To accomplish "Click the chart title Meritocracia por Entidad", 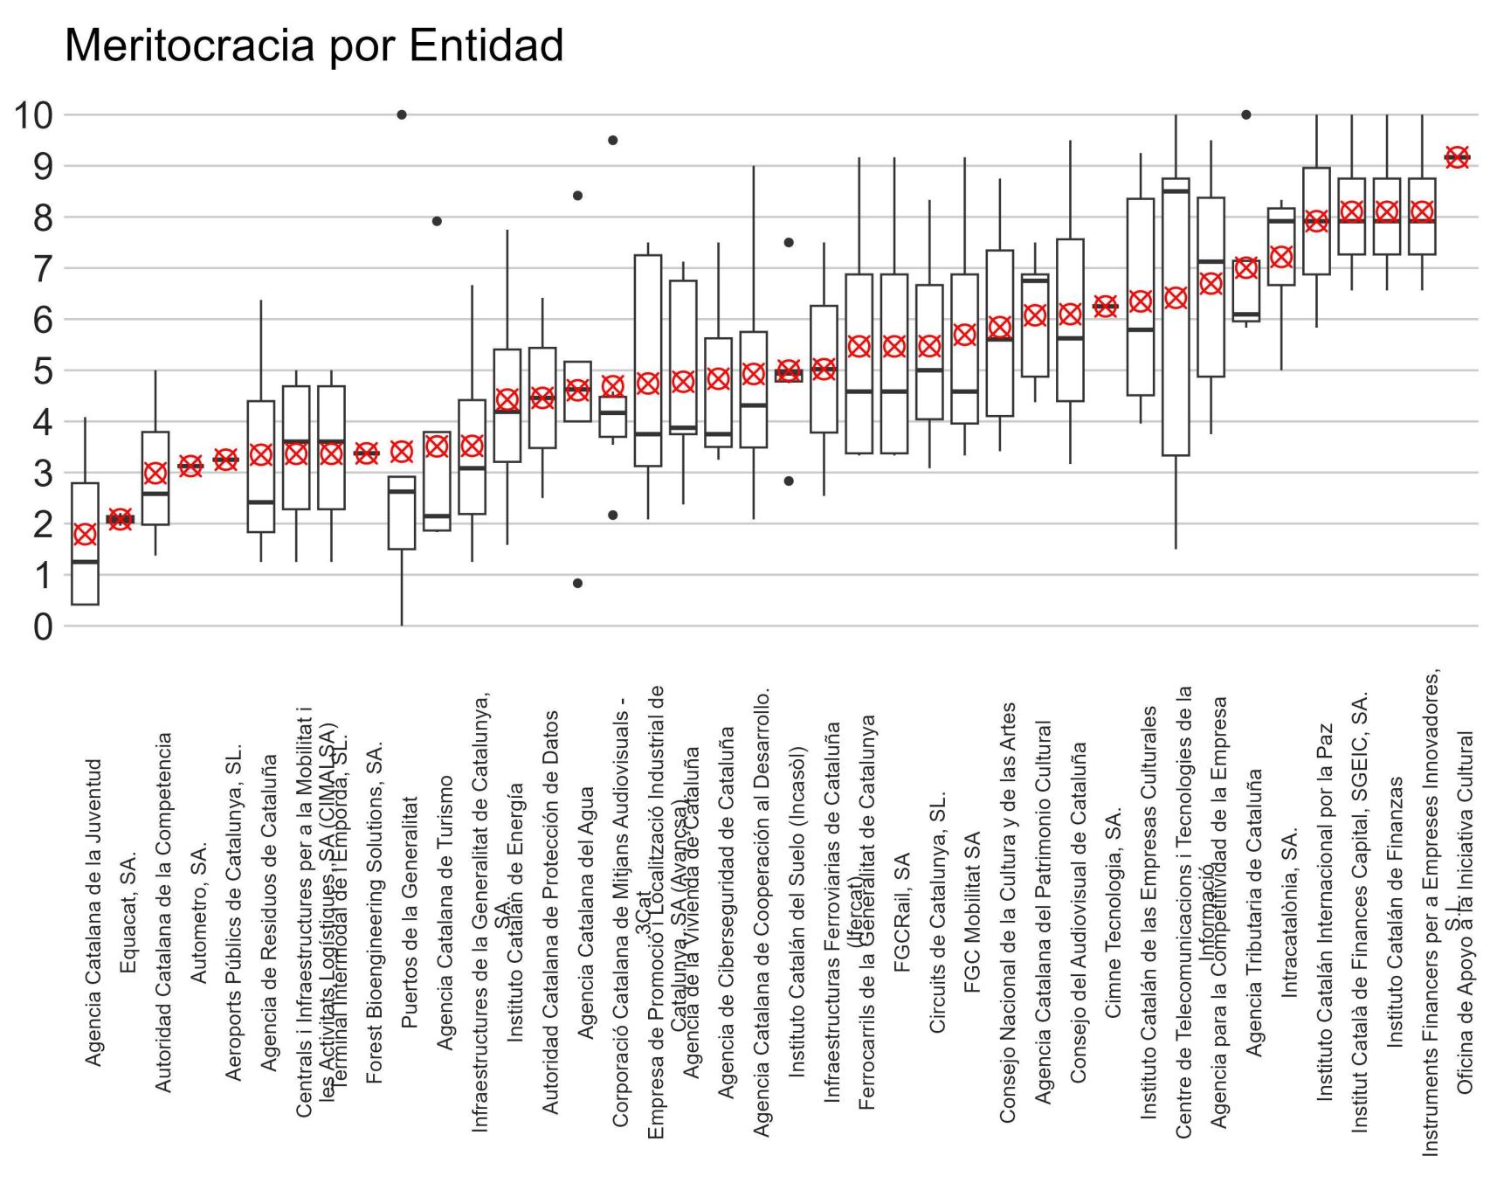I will [x=314, y=45].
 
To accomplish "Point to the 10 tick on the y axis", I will [x=33, y=114].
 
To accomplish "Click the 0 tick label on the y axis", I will [x=42, y=626].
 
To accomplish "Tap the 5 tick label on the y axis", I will [x=42, y=370].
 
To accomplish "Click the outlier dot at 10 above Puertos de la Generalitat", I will [x=402, y=114].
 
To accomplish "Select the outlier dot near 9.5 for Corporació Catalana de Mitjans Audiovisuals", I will [x=613, y=140].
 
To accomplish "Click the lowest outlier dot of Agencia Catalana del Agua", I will [x=577, y=583].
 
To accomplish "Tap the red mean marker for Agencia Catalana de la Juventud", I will [x=85, y=535].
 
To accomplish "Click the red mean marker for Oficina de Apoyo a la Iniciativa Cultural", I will [x=1457, y=157].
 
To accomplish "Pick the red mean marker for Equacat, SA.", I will [x=120, y=519].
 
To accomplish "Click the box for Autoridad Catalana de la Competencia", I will [x=155, y=478].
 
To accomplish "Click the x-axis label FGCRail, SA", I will [x=902, y=912].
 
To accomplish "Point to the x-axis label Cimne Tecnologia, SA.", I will [x=1113, y=912].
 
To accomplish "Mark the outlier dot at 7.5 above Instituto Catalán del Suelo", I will [x=789, y=242].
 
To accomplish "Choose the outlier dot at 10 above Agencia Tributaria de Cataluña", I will [x=1246, y=114].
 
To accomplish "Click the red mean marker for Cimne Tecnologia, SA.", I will [x=1106, y=306].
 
